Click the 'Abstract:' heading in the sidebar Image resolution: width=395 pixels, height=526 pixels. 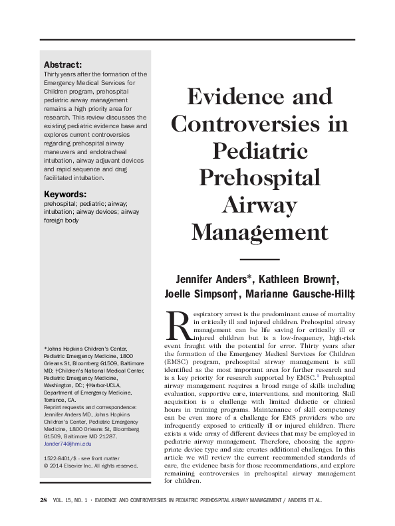click(63, 64)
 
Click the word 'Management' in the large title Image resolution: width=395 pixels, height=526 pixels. click(259, 233)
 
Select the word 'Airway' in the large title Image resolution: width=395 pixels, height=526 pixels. click(259, 206)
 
